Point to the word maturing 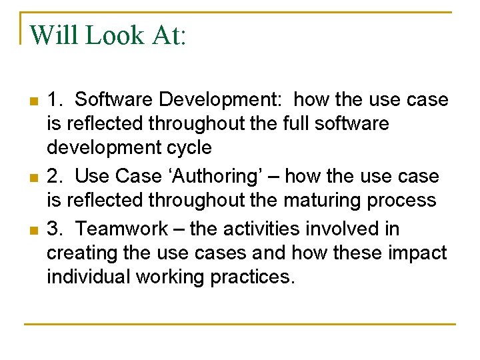pos(312,200)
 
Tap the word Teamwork pos(126,229)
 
